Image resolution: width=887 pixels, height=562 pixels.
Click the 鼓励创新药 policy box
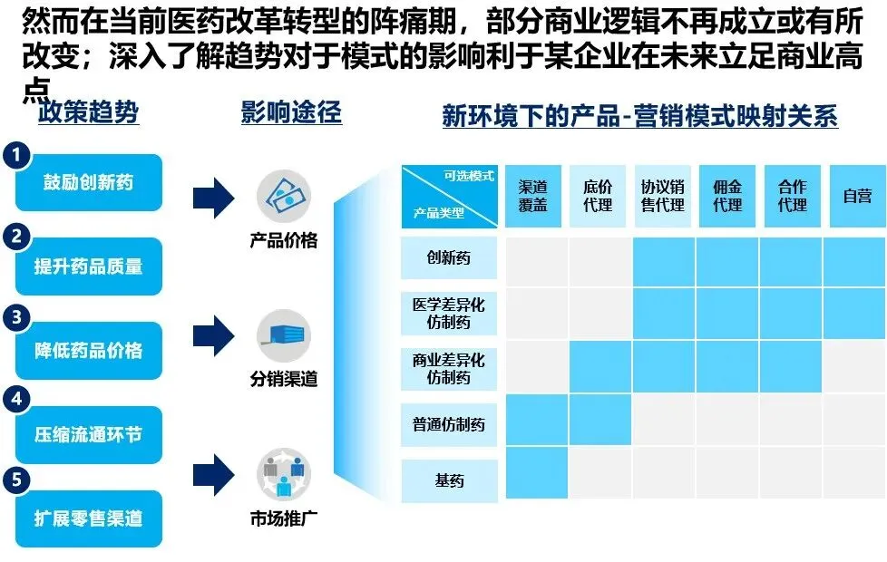click(x=89, y=182)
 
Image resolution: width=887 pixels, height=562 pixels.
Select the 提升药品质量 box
click(x=89, y=266)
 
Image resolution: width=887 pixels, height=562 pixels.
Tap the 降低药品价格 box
click(x=89, y=351)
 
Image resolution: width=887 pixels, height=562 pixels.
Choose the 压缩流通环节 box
click(x=89, y=435)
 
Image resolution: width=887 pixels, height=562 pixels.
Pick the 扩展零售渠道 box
click(x=89, y=518)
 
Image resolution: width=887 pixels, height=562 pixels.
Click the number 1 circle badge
click(x=16, y=154)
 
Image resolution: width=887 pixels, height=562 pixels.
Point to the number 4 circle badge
click(x=16, y=399)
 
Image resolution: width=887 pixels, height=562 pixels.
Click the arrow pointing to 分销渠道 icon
click(x=214, y=334)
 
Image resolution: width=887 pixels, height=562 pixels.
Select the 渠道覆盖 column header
click(x=533, y=196)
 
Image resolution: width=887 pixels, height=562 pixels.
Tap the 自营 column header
click(x=857, y=196)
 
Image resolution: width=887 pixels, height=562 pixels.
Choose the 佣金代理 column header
click(x=727, y=196)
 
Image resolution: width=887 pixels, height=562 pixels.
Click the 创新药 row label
click(x=449, y=257)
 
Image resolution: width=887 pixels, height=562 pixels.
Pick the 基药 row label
click(x=449, y=480)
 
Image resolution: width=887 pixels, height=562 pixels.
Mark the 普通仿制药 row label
click(x=449, y=423)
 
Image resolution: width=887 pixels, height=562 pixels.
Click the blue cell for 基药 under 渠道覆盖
click(x=536, y=473)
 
